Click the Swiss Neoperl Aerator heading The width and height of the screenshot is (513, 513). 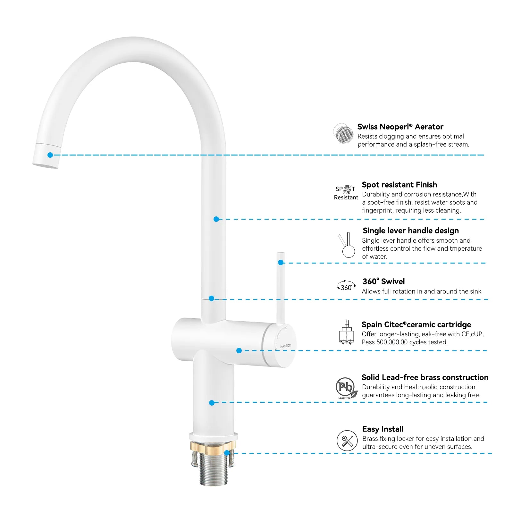[x=400, y=127]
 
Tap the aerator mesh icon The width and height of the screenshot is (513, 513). [x=343, y=133]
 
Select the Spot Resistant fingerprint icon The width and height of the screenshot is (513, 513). [x=347, y=189]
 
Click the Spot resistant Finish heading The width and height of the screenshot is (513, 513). [x=399, y=185]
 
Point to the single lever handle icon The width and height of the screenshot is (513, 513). [x=347, y=245]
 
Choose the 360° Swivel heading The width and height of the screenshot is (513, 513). [x=383, y=282]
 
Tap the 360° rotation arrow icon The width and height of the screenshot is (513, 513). [x=347, y=286]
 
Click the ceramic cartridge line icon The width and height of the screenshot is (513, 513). [x=347, y=332]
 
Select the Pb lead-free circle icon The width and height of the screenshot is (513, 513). [x=346, y=387]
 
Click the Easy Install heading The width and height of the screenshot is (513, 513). [x=383, y=429]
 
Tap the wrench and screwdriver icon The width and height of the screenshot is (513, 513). [x=347, y=441]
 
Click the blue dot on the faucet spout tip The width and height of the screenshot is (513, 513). [x=50, y=155]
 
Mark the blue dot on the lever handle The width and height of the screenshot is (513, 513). [x=281, y=263]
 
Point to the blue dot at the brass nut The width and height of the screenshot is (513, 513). [x=227, y=453]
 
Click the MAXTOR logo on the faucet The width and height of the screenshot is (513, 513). [x=285, y=346]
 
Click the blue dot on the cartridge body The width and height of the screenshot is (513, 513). [x=239, y=350]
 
